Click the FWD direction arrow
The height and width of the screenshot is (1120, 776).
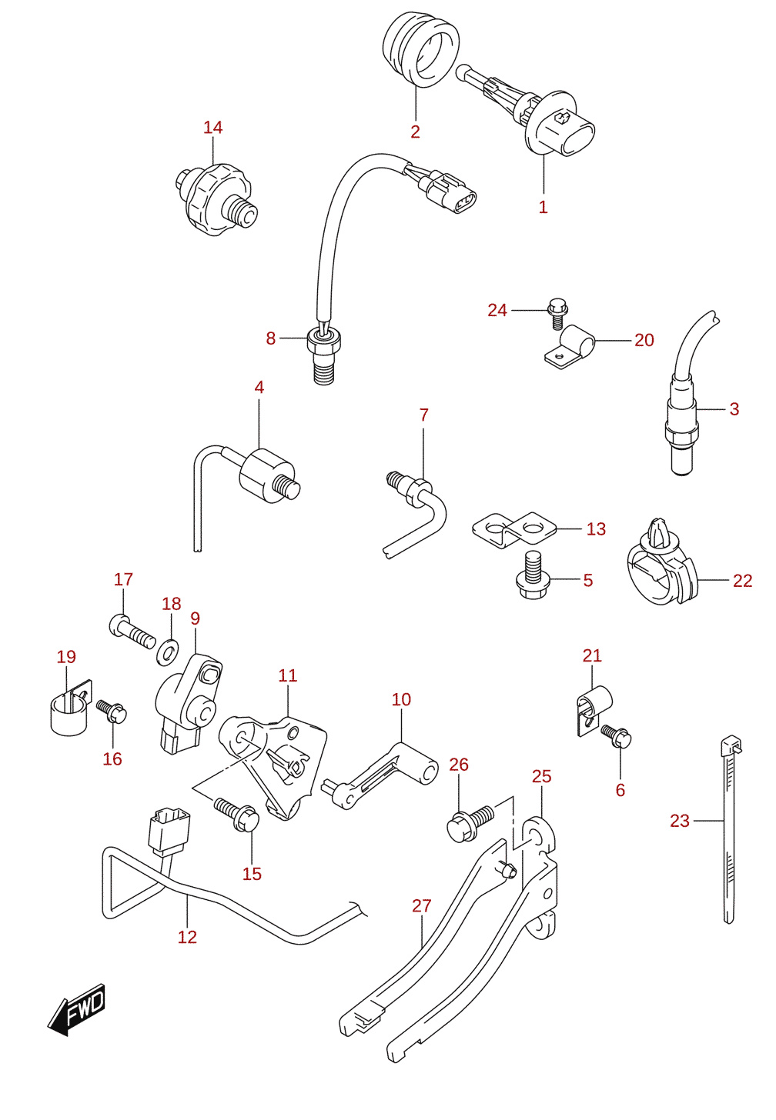76,1009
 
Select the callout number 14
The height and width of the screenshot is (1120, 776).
212,128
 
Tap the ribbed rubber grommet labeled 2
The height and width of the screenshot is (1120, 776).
421,49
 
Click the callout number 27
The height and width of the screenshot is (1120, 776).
421,905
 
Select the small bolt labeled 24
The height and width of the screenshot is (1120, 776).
558,314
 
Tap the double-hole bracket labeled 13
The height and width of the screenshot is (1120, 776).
513,529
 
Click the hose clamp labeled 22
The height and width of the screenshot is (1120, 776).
661,563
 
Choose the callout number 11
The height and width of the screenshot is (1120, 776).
288,675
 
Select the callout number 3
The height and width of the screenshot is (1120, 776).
734,409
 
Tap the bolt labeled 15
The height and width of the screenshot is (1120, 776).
236,814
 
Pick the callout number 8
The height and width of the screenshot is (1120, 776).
271,338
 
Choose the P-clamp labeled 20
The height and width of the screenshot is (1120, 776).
570,346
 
